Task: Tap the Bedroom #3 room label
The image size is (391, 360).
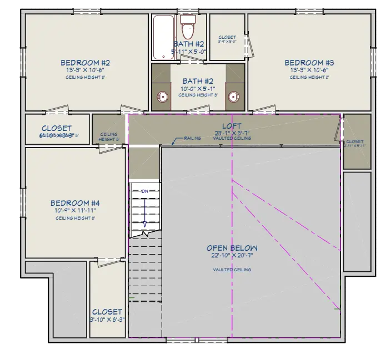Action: pos(309,63)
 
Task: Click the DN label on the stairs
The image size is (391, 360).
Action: pos(144,191)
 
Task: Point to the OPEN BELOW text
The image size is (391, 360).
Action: pos(232,248)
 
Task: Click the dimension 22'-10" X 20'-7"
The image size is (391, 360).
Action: pos(232,256)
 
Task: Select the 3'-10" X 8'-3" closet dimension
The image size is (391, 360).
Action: pos(107,320)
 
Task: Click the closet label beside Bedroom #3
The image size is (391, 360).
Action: pos(227,38)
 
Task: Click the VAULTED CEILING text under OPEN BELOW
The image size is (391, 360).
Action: pos(232,270)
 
